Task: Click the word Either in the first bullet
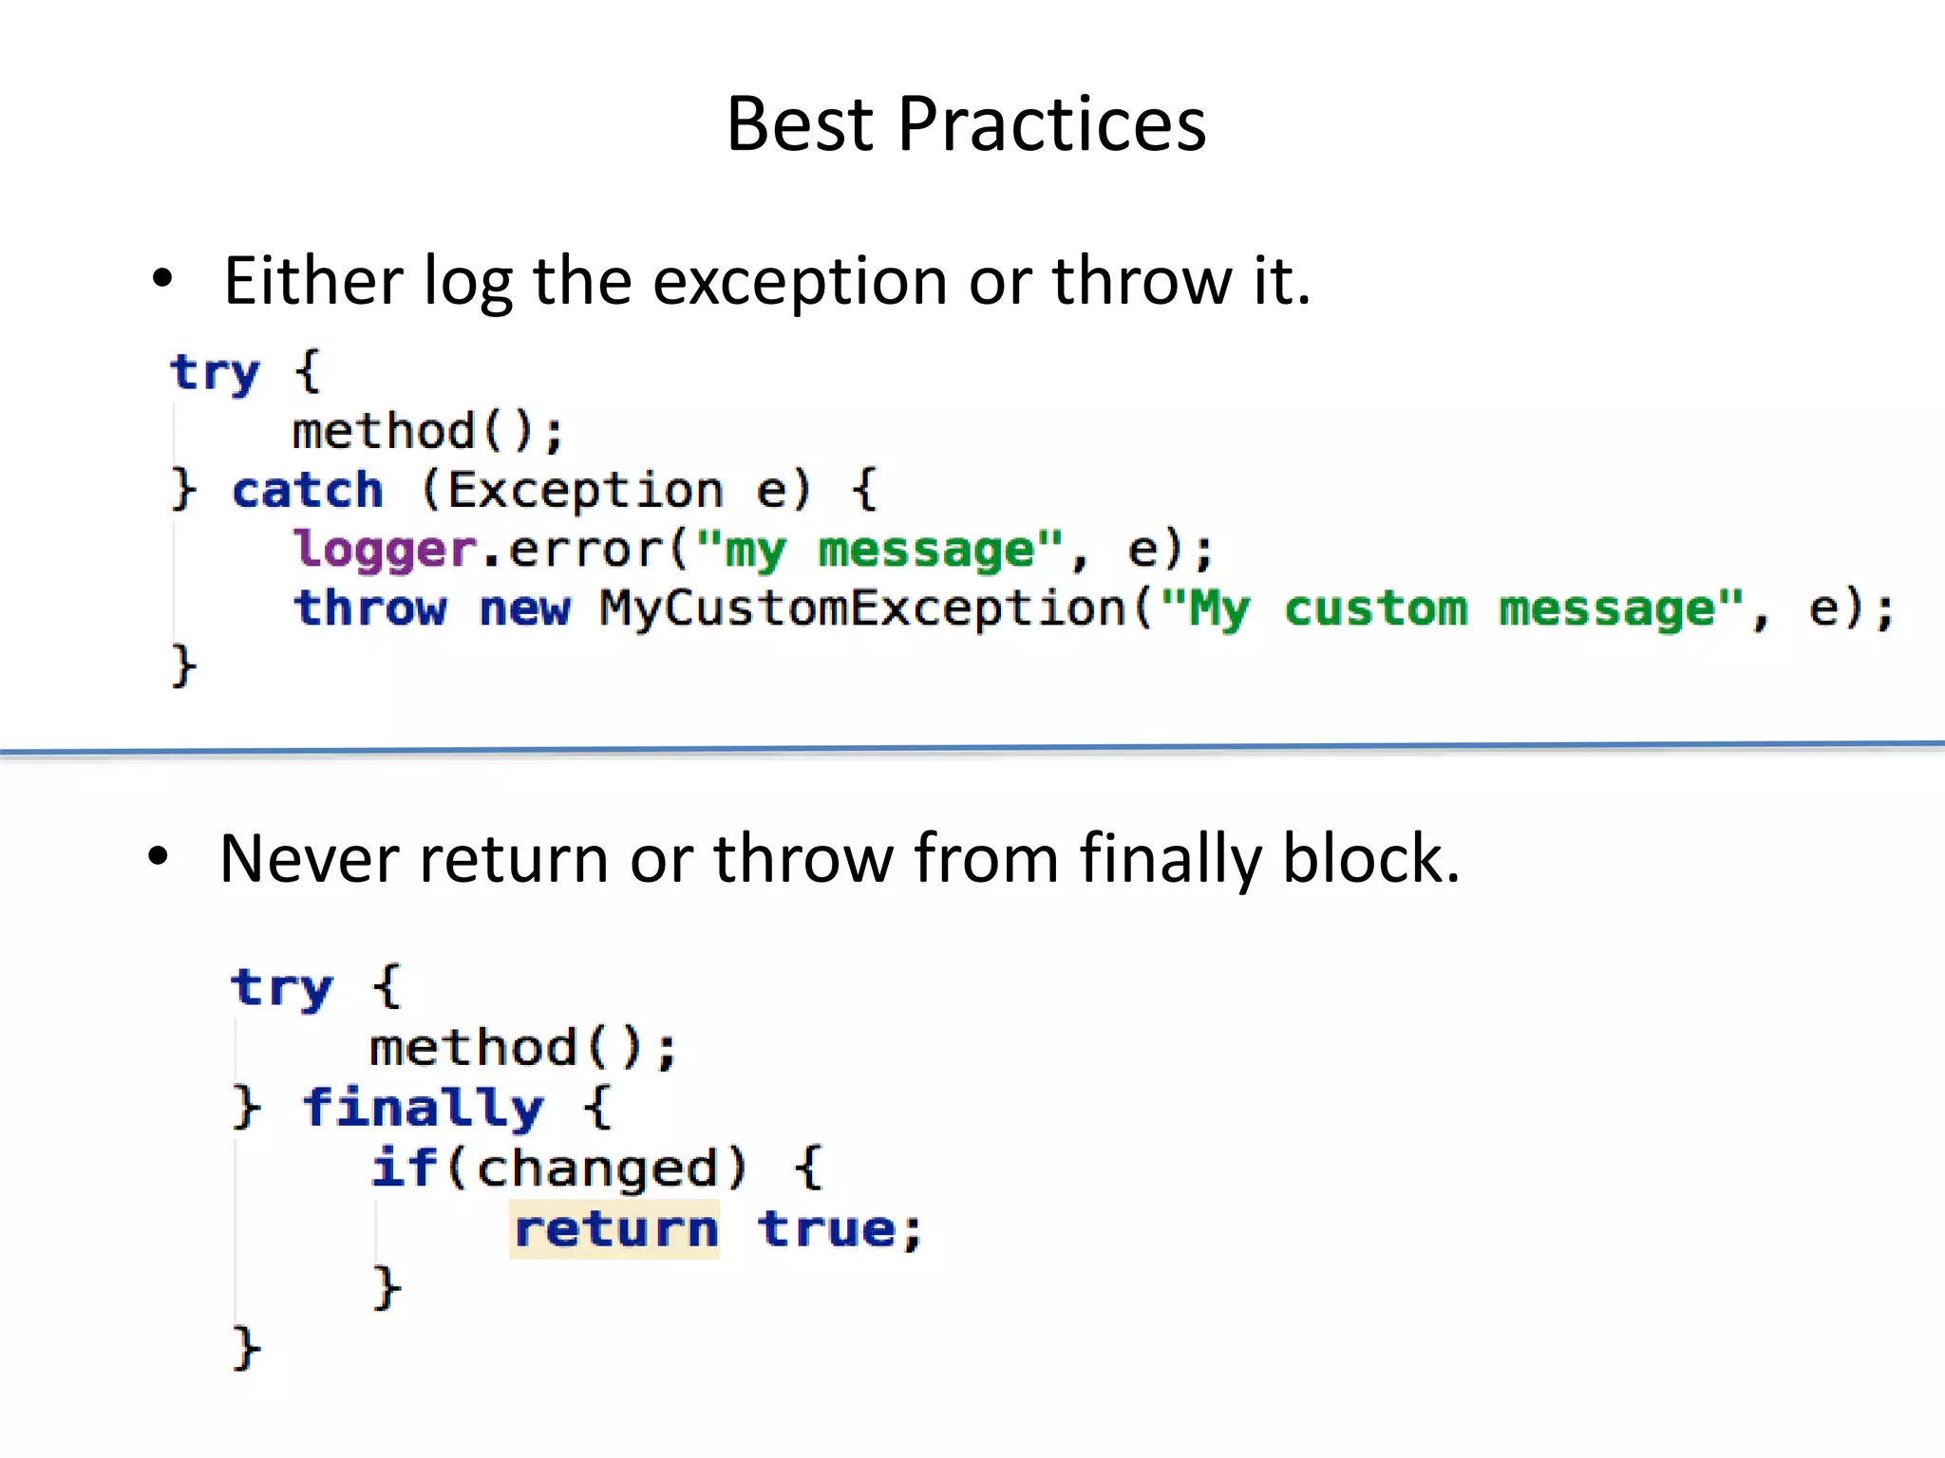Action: click(x=313, y=282)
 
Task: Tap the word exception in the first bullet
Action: click(x=800, y=284)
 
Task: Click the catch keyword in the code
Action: click(x=307, y=491)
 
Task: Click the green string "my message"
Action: click(x=879, y=551)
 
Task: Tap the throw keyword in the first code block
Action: click(x=369, y=608)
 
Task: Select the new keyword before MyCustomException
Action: click(x=524, y=608)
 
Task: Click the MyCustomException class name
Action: click(x=862, y=608)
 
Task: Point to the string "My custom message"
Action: click(x=1453, y=608)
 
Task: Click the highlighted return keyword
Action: click(x=615, y=1229)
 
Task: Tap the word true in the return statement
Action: click(x=827, y=1229)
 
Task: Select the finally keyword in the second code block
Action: click(x=423, y=1109)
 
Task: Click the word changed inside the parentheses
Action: click(x=596, y=1168)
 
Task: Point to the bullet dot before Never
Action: click(x=159, y=857)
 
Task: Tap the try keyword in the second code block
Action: click(x=282, y=989)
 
